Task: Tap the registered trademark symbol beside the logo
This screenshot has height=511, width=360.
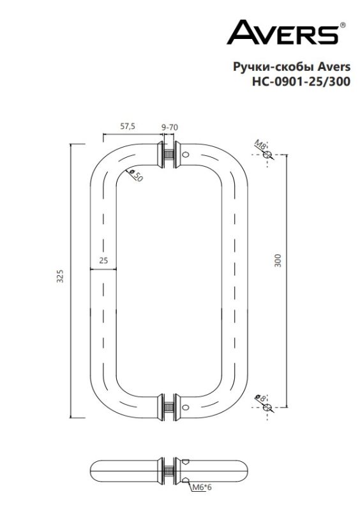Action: [344, 24]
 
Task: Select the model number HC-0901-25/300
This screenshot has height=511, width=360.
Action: [302, 81]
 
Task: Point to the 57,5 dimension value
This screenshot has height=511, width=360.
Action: [128, 126]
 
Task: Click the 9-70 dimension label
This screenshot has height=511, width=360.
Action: [170, 127]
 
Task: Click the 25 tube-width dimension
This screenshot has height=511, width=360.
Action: [103, 260]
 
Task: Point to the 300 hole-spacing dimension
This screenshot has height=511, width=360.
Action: [278, 260]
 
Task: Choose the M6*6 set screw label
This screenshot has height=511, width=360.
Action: [202, 489]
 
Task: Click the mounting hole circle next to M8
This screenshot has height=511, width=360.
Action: [268, 155]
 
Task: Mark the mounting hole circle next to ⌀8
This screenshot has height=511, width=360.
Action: [268, 407]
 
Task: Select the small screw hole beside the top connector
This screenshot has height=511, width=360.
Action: [186, 155]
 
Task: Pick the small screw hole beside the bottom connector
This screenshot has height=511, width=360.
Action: [186, 407]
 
